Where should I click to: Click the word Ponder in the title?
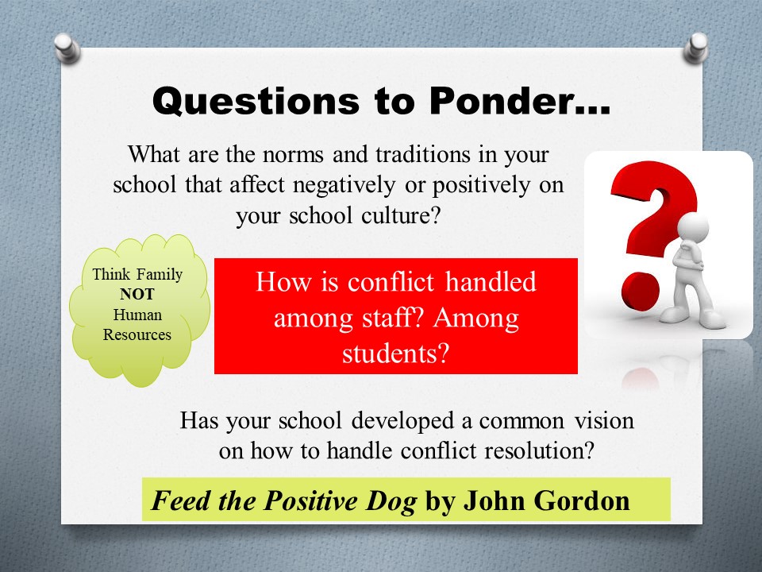[519, 101]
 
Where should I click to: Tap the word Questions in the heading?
[256, 102]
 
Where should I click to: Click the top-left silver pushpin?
[67, 48]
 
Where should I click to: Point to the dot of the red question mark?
[640, 292]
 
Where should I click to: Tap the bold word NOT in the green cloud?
[137, 294]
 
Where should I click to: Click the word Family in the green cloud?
[159, 275]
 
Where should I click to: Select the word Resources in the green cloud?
[137, 334]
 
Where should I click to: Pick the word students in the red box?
[394, 353]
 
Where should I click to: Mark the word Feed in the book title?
[181, 500]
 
